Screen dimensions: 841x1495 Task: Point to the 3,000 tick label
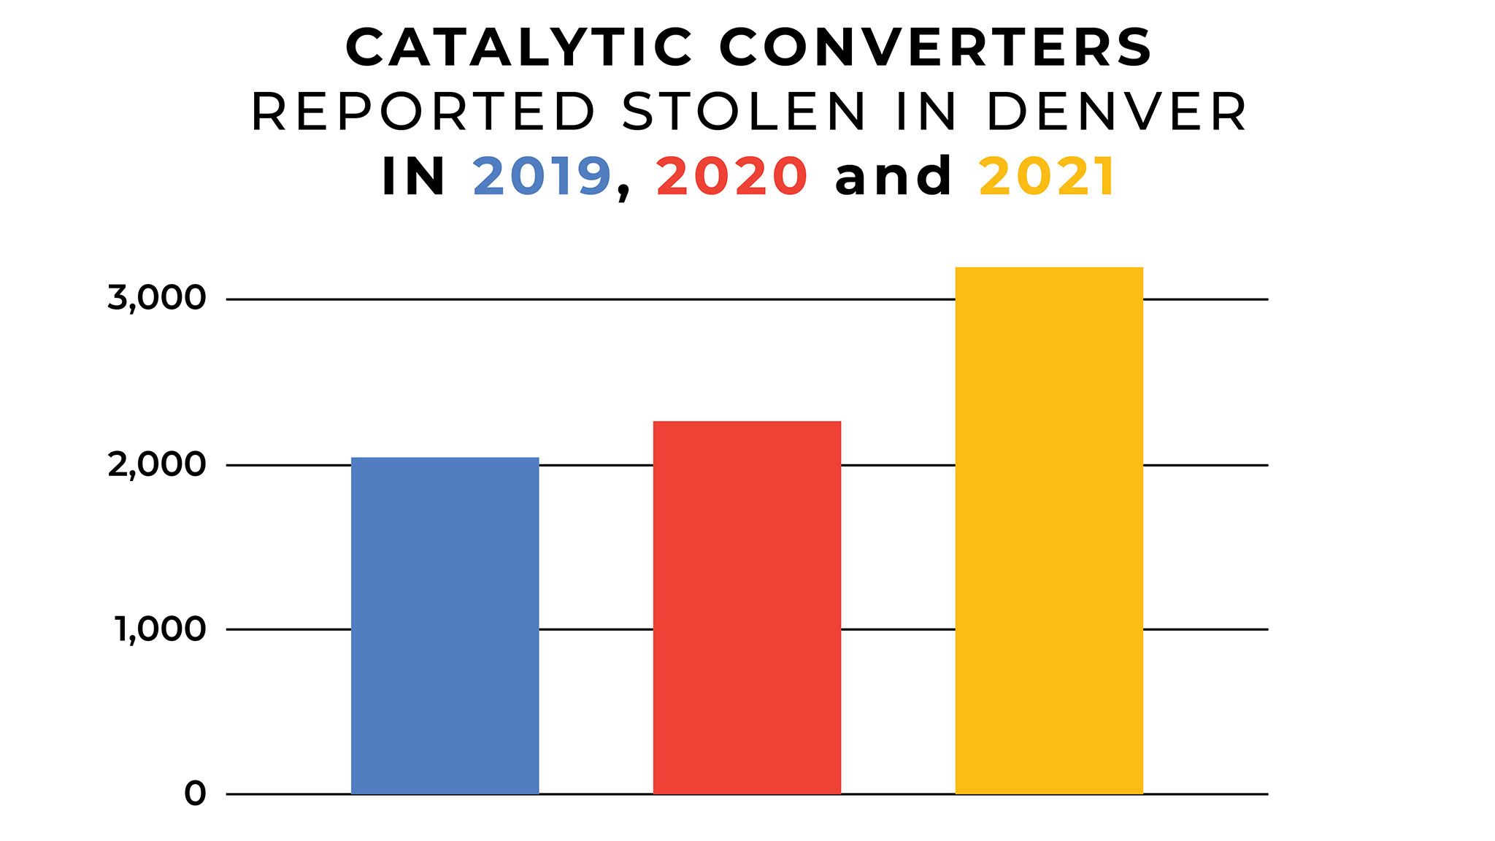(x=157, y=298)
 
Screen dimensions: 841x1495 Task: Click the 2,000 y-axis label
(x=157, y=464)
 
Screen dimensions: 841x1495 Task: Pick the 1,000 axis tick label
(x=161, y=629)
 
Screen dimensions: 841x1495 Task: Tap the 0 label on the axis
(x=195, y=794)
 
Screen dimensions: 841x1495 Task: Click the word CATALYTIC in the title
(x=519, y=48)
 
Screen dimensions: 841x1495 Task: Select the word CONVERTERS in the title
(x=936, y=48)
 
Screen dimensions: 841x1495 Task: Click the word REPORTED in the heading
(x=424, y=112)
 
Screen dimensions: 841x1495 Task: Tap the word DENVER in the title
(x=1117, y=112)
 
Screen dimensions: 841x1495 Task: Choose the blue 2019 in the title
(x=542, y=177)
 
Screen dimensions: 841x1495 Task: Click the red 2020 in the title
(x=732, y=177)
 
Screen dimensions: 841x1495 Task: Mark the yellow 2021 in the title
(x=1046, y=177)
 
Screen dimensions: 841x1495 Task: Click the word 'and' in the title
(x=893, y=177)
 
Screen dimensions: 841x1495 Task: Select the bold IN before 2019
(x=414, y=177)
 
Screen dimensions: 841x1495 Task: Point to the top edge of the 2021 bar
(x=1049, y=268)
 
